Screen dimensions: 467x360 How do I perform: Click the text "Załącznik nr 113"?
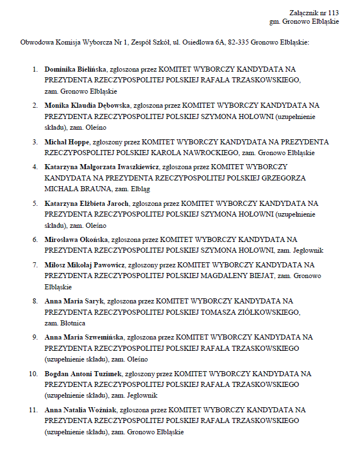(314, 12)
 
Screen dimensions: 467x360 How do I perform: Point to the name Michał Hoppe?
(67, 142)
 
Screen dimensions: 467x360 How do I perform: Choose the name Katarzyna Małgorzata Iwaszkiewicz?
(102, 167)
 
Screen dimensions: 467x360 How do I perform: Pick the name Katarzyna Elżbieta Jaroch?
(87, 203)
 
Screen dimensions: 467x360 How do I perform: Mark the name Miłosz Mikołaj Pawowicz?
(85, 265)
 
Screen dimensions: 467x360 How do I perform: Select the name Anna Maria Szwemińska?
(84, 337)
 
